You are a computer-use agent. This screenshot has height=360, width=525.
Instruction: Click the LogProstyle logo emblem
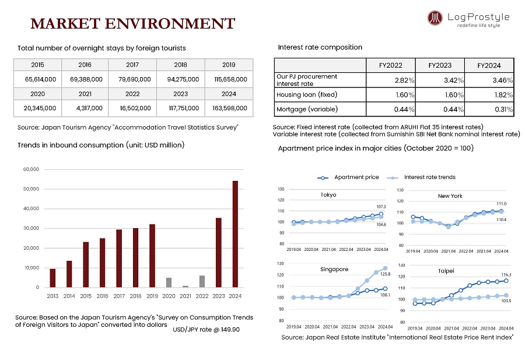tap(435, 19)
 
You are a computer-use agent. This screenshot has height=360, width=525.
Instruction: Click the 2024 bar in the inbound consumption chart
tap(235, 233)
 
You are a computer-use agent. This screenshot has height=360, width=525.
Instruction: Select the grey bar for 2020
tap(169, 282)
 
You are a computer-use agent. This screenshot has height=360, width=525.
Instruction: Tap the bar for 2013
tap(52, 278)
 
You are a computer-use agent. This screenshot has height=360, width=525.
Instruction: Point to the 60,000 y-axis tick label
tap(30, 169)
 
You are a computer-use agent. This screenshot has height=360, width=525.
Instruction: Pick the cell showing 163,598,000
tap(228, 108)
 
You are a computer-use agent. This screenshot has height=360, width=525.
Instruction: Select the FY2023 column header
tap(440, 65)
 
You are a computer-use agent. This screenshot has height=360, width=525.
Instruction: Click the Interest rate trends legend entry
tap(429, 177)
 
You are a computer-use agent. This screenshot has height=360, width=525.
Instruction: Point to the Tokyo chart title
tap(328, 195)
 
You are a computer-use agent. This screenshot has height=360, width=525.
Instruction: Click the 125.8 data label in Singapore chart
tap(385, 273)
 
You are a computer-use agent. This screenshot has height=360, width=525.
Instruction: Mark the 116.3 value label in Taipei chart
tap(506, 274)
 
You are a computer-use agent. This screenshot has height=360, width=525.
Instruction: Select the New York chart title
tap(450, 196)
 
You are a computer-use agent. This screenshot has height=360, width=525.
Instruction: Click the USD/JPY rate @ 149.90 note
tap(206, 330)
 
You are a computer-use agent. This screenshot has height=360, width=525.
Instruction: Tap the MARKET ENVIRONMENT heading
tap(132, 24)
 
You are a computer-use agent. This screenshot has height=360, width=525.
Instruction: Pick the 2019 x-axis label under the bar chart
tap(152, 296)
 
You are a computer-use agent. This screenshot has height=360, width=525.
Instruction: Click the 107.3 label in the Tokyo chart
tap(381, 207)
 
